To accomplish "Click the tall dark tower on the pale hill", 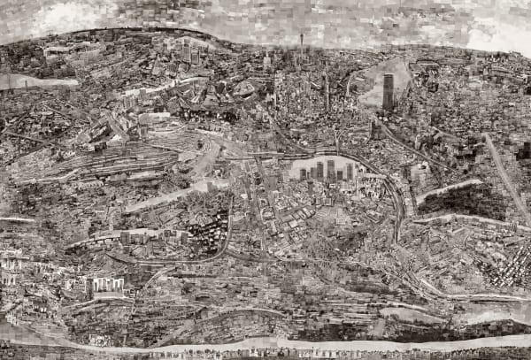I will (388, 91).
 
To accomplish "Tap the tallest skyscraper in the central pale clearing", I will (330, 169).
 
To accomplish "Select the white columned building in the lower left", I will (108, 285).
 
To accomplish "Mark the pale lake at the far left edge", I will (27, 80).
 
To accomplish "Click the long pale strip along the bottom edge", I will (265, 345).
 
